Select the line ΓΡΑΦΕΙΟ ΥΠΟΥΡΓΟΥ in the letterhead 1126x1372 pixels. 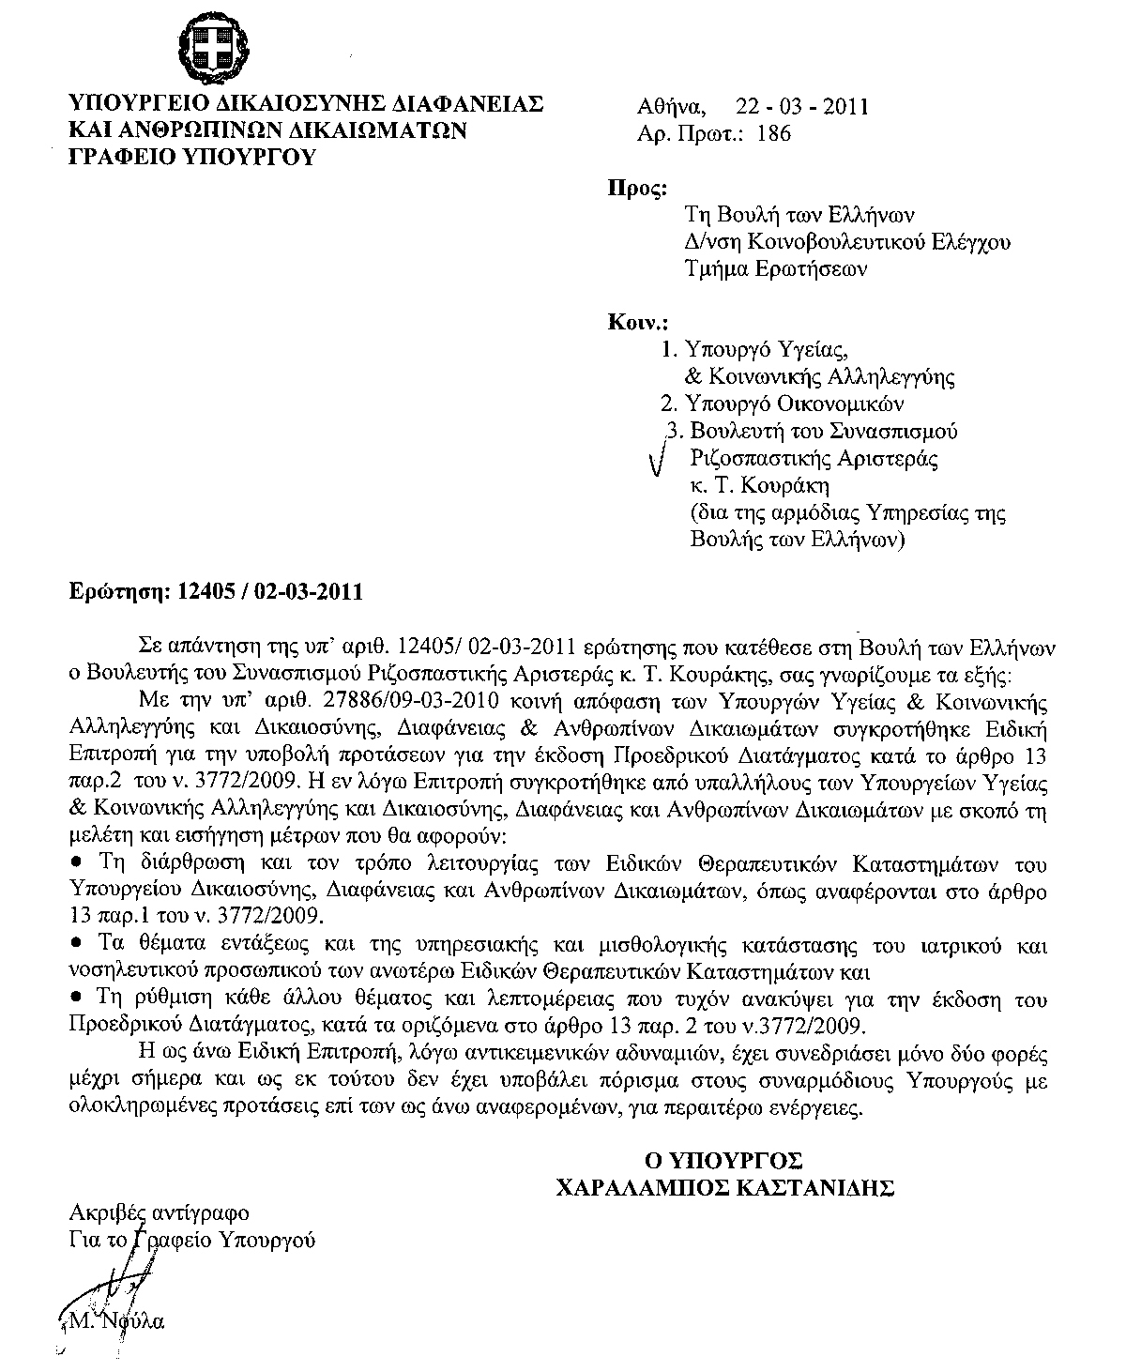(192, 156)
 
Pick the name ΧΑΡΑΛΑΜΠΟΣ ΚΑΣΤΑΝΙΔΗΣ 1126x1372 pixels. (723, 1189)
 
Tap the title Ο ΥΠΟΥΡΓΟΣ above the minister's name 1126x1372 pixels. (723, 1158)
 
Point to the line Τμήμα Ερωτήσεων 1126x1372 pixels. (775, 269)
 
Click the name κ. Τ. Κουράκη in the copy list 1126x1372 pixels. (759, 486)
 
